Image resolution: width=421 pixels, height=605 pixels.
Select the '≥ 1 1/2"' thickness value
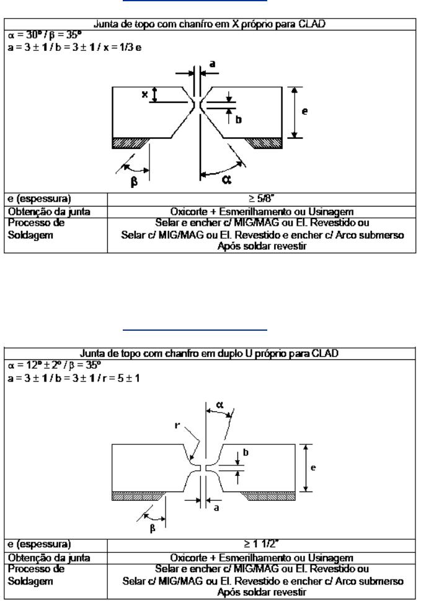(x=261, y=544)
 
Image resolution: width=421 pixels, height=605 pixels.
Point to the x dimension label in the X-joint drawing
(x=144, y=94)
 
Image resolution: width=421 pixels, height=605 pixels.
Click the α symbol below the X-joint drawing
(x=227, y=179)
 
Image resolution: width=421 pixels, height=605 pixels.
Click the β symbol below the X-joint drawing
(x=134, y=181)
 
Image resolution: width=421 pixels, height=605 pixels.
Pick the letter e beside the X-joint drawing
(x=304, y=112)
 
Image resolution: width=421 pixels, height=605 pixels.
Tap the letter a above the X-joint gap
(x=211, y=64)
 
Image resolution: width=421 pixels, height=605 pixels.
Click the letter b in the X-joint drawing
(x=238, y=120)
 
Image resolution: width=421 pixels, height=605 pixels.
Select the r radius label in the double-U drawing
(x=177, y=425)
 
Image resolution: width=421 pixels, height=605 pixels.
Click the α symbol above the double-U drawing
(x=219, y=405)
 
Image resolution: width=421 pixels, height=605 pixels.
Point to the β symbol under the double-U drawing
(x=153, y=528)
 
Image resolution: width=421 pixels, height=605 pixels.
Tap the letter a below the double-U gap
(x=216, y=508)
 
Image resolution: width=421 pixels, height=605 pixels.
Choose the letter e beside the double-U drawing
(x=313, y=468)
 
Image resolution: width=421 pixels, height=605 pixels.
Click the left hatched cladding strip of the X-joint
(x=130, y=143)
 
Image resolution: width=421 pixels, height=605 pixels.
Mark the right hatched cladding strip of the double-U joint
(x=270, y=496)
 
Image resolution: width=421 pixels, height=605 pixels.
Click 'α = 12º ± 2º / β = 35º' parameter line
(x=55, y=365)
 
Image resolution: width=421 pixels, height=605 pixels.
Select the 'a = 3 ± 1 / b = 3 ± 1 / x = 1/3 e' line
(x=74, y=47)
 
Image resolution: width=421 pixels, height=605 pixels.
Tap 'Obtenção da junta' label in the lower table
(x=49, y=558)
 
